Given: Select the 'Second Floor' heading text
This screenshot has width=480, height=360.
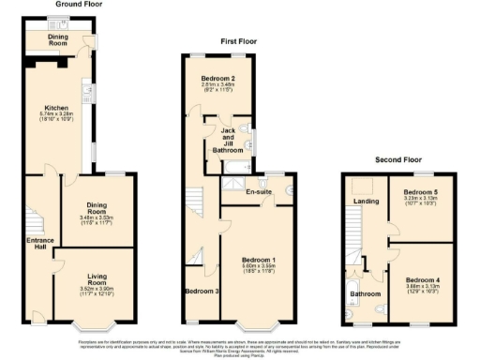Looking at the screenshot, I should [399, 159].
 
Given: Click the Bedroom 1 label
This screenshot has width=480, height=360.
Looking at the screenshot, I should [259, 259].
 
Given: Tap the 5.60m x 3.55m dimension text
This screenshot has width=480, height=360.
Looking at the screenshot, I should [259, 266].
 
